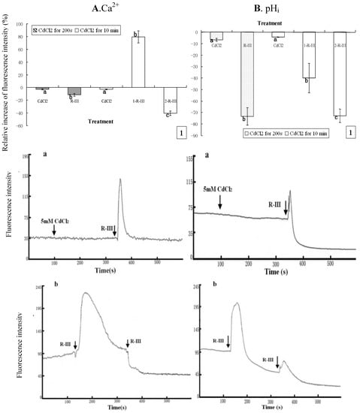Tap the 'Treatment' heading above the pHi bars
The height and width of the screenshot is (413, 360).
[279, 23]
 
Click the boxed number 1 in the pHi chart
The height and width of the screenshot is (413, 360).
[350, 132]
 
